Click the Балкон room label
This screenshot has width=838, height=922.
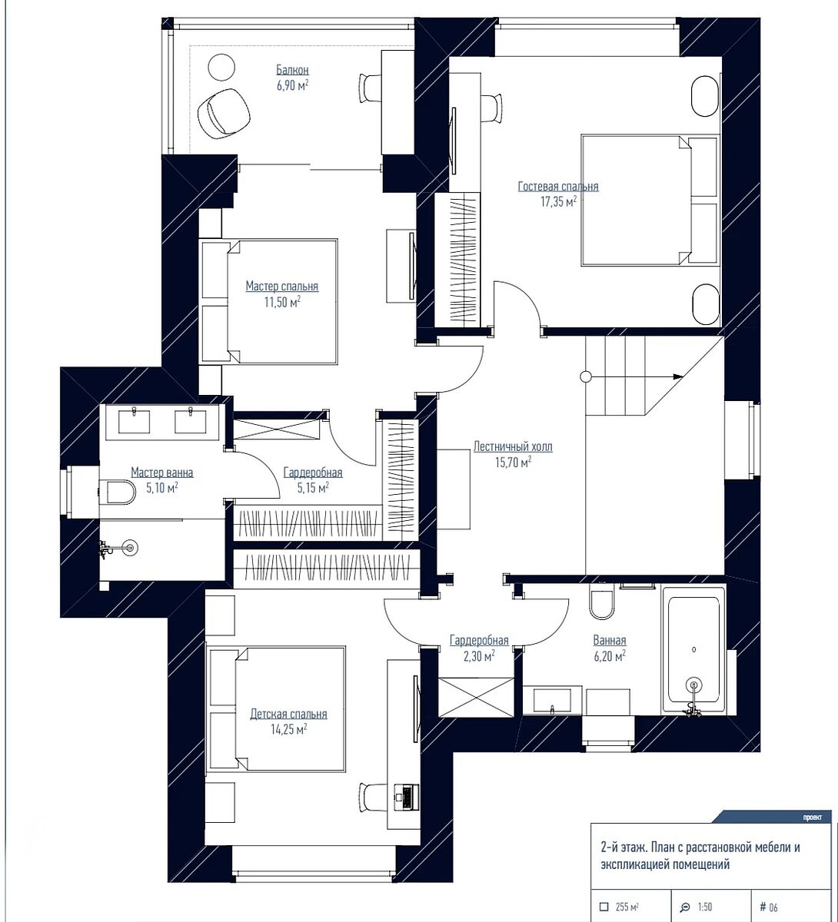point(292,70)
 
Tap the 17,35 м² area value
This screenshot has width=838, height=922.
point(558,202)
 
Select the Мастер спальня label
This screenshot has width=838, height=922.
point(282,287)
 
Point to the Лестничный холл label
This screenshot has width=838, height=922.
point(513,446)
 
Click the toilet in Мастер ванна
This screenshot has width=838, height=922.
point(117,492)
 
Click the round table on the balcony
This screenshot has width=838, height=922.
point(221,68)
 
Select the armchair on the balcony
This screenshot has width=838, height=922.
point(224,113)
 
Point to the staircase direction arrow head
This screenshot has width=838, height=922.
point(678,376)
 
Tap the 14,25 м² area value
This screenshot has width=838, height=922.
point(289,729)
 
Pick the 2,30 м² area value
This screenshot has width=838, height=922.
point(479,656)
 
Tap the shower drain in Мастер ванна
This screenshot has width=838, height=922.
point(131,547)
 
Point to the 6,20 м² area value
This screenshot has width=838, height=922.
point(610,656)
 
